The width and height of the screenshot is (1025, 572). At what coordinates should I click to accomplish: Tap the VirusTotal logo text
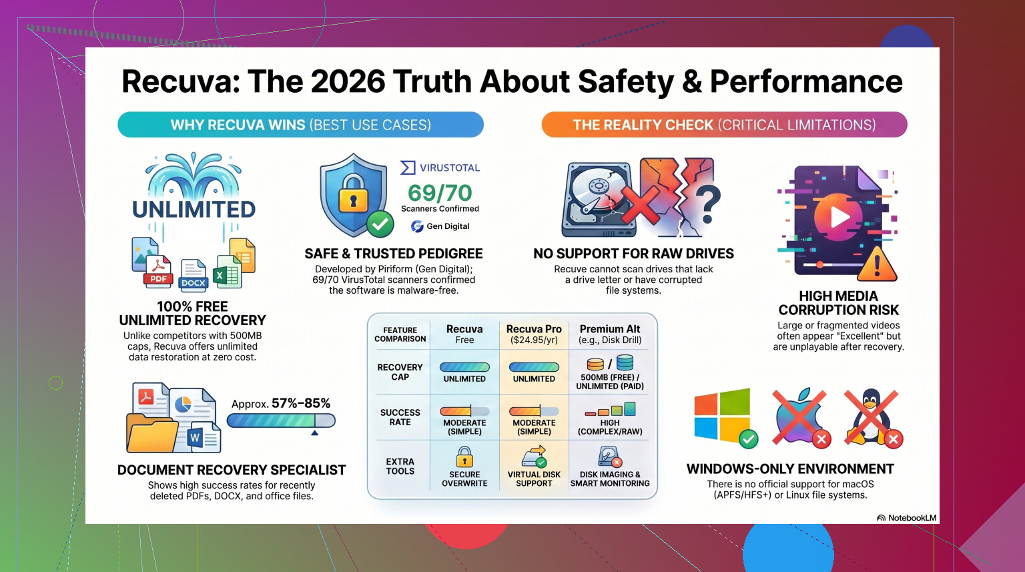click(450, 168)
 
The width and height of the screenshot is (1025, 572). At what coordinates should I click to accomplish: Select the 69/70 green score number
click(440, 193)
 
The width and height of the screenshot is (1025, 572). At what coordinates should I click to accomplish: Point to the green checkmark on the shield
click(380, 224)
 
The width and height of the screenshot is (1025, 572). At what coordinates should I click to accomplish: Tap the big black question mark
click(707, 204)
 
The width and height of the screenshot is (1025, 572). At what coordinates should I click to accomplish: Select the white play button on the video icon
click(839, 217)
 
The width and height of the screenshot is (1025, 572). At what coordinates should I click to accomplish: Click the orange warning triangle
click(877, 264)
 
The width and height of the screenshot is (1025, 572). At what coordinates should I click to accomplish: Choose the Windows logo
click(722, 414)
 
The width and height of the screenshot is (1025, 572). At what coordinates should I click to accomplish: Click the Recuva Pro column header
click(534, 334)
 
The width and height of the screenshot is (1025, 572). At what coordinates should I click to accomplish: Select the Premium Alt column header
click(610, 334)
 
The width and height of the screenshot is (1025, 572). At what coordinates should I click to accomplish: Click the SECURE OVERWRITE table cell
click(464, 467)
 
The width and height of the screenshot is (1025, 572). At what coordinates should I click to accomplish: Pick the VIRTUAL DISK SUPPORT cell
click(534, 467)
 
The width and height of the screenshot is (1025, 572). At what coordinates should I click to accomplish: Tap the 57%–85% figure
click(301, 403)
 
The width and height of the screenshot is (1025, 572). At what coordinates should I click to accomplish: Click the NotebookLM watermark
click(906, 517)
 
